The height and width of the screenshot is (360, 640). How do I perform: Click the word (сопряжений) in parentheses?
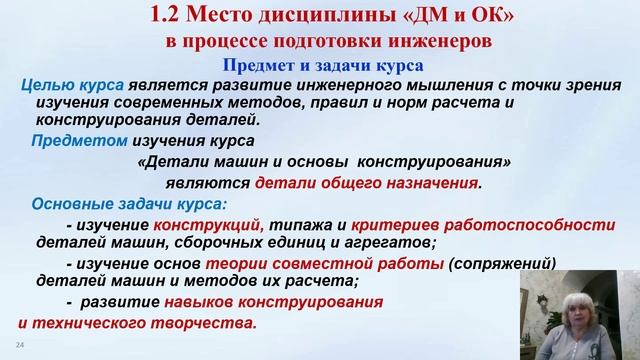point(504,264)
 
